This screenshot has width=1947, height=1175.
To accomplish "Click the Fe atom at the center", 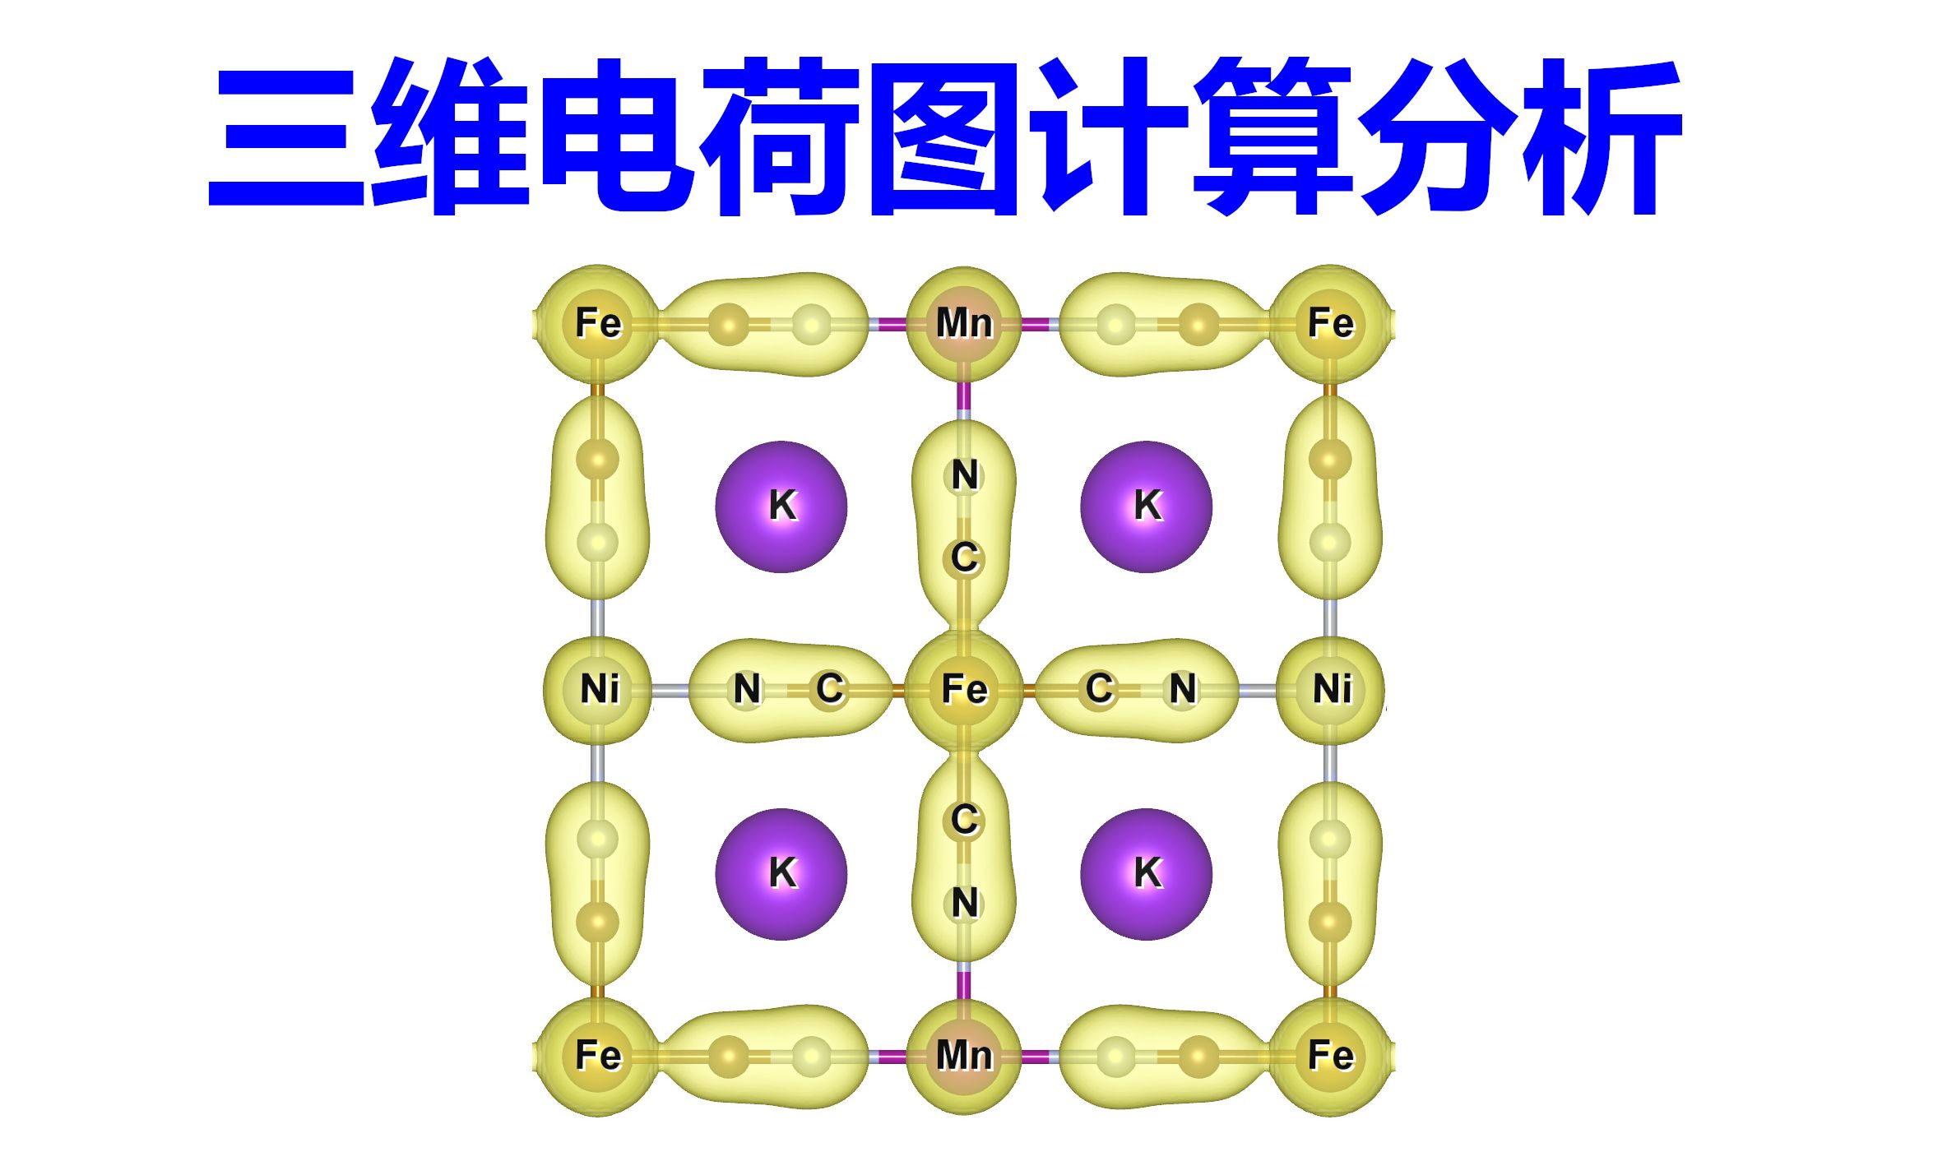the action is (964, 689).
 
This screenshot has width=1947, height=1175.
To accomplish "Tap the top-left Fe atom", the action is (598, 323).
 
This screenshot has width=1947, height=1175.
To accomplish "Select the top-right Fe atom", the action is (1330, 323).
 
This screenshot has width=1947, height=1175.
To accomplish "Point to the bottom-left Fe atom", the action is (598, 1055).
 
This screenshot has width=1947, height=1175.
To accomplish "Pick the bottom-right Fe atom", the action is (1330, 1055).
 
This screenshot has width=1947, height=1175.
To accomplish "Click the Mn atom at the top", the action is (964, 323).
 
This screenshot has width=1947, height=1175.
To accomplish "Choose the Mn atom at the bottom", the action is (964, 1055).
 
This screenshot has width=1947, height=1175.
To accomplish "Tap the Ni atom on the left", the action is (599, 689).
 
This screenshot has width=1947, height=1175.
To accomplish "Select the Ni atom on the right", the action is (1331, 689).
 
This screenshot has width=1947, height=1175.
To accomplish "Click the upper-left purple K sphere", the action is (781, 506).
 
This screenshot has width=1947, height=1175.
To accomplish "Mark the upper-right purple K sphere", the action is (1147, 506).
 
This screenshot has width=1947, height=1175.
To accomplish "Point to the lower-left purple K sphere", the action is (781, 873).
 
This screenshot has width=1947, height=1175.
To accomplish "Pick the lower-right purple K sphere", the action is (1147, 873).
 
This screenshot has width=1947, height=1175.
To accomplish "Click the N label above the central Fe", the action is (965, 475).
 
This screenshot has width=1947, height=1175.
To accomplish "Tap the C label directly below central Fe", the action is (965, 820).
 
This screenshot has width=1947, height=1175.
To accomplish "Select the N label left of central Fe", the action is (747, 689).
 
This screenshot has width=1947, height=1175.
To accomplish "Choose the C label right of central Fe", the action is (1099, 689).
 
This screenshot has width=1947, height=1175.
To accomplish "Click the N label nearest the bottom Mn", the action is (965, 903).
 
